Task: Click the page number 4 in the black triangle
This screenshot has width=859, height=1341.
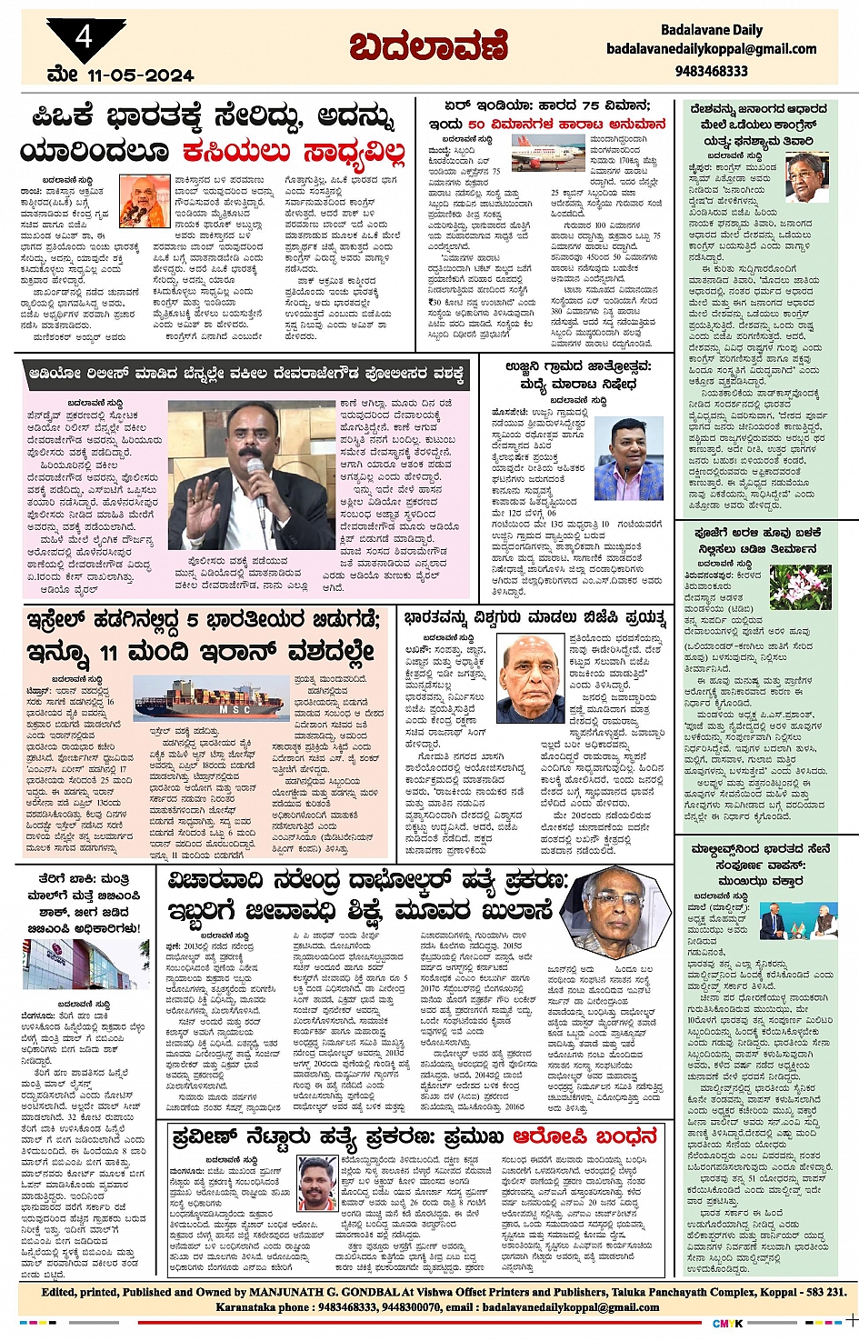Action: (x=85, y=37)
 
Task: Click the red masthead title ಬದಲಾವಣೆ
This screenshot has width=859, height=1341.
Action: (x=428, y=45)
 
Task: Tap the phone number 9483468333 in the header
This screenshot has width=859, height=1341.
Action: (x=711, y=71)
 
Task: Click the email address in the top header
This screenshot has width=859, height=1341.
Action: (x=711, y=49)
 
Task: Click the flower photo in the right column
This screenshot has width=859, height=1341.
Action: (x=800, y=586)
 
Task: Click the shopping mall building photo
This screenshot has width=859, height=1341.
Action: (x=85, y=964)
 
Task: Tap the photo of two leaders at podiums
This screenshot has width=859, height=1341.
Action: (x=799, y=924)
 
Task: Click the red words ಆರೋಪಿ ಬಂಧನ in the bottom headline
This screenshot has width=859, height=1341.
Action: (x=584, y=1137)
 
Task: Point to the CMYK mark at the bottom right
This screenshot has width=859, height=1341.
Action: (x=727, y=1324)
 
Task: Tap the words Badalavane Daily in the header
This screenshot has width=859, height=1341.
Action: (x=711, y=30)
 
